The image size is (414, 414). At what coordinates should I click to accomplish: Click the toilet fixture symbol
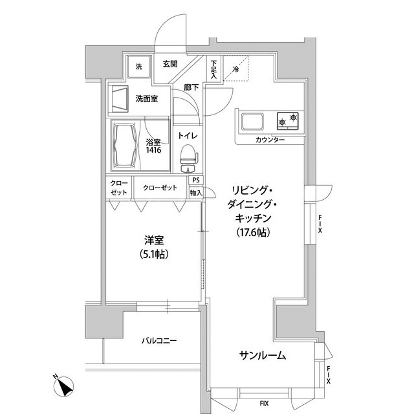point(188,158)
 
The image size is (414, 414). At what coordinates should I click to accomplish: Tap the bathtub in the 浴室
point(125,145)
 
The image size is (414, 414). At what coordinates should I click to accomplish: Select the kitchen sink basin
point(253,122)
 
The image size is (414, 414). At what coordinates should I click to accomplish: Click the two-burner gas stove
point(287,121)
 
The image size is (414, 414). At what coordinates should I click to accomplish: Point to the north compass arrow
point(63,386)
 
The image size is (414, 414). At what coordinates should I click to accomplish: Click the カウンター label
point(270,140)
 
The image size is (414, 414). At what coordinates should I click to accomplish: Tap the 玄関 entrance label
point(170,64)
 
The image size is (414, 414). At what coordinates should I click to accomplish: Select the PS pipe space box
point(195,180)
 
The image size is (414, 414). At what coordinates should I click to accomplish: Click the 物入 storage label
point(195,193)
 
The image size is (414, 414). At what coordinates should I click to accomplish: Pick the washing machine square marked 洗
point(139,67)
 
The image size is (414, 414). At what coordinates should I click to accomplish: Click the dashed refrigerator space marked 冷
point(236,68)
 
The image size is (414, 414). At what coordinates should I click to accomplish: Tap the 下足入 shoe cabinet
point(213,70)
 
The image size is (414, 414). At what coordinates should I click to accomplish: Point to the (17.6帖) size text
point(253,232)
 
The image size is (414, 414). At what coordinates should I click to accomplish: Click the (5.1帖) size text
point(154,254)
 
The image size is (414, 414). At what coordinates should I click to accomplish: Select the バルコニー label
point(159,341)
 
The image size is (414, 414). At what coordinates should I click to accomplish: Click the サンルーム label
point(263,356)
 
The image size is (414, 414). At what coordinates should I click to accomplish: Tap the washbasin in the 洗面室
point(120,99)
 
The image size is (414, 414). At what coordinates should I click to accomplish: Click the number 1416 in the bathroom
point(154,150)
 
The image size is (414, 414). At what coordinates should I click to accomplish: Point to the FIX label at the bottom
point(264,404)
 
